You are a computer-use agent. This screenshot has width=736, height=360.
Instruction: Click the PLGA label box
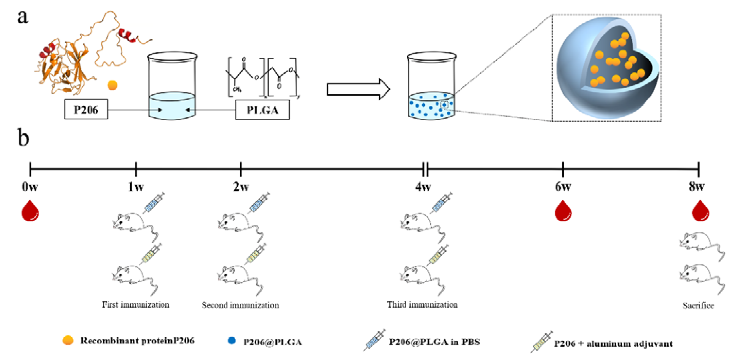coord(262,110)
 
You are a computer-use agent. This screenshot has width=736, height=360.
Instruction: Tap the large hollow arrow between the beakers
coord(358,89)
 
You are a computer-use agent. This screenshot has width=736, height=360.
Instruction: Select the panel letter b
coord(23,137)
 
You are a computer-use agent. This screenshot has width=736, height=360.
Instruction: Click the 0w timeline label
coord(30,187)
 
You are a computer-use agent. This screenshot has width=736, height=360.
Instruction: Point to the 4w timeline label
coord(423,187)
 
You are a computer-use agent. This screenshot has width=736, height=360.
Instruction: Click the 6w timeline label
coord(563,187)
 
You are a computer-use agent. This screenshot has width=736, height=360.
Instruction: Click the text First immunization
coord(136,305)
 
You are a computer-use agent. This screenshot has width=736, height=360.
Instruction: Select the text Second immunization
coord(240,305)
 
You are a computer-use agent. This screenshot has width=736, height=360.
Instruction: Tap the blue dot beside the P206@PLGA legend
coord(232,340)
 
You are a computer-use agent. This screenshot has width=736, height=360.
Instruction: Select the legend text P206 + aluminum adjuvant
coord(613,344)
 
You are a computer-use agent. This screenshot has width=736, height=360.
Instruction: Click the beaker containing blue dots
coord(431,87)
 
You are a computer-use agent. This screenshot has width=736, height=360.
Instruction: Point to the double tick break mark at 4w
coord(425,169)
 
